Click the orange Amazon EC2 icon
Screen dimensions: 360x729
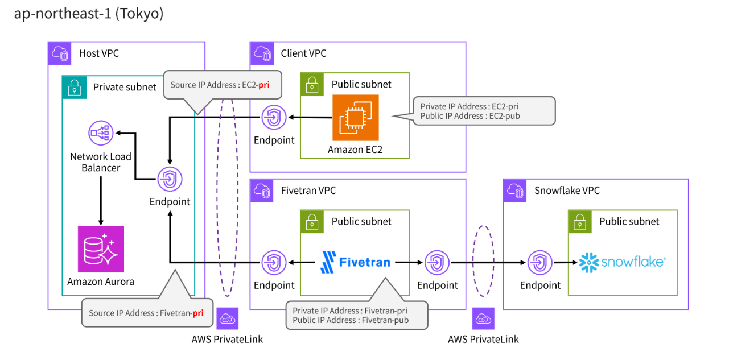355,117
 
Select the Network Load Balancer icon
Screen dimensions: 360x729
100,133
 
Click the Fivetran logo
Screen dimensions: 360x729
356,262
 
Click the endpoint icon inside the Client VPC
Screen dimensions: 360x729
274,118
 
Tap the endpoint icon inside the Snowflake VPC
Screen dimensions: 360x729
539,262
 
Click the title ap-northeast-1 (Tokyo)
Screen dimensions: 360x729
88,14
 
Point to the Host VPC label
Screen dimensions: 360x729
99,53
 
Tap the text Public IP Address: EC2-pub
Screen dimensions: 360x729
469,115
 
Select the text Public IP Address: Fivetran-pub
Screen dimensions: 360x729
351,320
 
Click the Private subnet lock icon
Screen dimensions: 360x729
74,87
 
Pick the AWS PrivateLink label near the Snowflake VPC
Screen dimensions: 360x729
483,340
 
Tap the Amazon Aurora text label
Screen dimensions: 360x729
101,281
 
